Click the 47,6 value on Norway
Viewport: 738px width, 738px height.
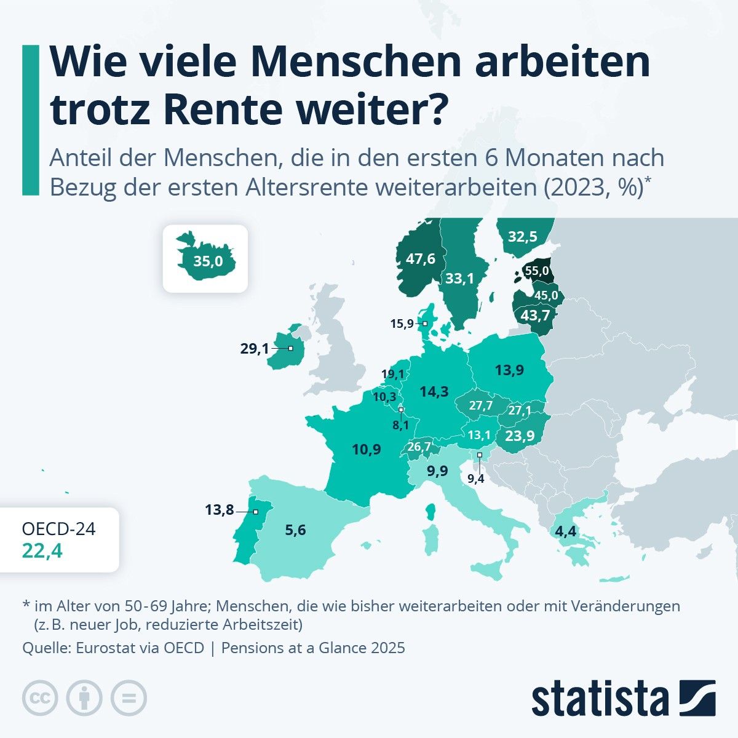pyautogui.click(x=421, y=258)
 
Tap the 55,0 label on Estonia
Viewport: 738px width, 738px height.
pyautogui.click(x=535, y=271)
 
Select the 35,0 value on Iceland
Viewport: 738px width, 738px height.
pyautogui.click(x=208, y=261)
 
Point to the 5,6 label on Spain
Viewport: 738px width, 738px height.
pyautogui.click(x=295, y=530)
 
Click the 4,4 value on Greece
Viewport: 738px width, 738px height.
pyautogui.click(x=565, y=531)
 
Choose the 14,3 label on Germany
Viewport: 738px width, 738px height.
pyautogui.click(x=434, y=391)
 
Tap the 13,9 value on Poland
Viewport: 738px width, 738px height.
pyautogui.click(x=509, y=370)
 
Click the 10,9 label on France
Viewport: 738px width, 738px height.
pyautogui.click(x=367, y=449)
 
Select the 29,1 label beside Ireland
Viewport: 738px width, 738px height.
pyautogui.click(x=255, y=349)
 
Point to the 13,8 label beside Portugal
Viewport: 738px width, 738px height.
pyautogui.click(x=220, y=509)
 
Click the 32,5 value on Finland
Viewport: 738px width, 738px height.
pyautogui.click(x=523, y=236)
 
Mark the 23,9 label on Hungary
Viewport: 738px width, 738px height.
pyautogui.click(x=520, y=435)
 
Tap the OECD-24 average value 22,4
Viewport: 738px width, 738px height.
pyautogui.click(x=42, y=551)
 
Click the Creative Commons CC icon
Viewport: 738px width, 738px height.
pyautogui.click(x=40, y=698)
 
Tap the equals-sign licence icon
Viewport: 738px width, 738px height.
pyautogui.click(x=129, y=698)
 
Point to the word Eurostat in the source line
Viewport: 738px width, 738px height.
pyautogui.click(x=104, y=648)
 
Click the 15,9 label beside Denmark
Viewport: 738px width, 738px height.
pyautogui.click(x=402, y=323)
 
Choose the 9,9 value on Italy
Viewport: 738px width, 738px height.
pyautogui.click(x=438, y=471)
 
